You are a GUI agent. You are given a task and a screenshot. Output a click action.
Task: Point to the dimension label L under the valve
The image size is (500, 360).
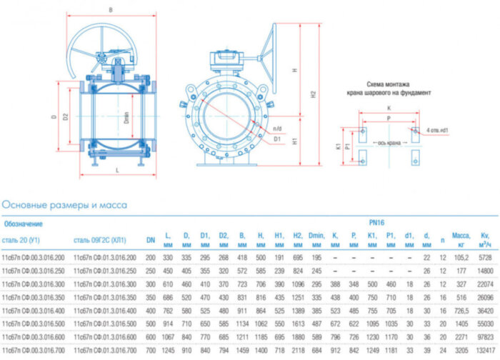pyautogui.click(x=117, y=169)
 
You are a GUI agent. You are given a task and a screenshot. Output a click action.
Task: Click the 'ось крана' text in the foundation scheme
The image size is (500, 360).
pyautogui.click(x=389, y=143)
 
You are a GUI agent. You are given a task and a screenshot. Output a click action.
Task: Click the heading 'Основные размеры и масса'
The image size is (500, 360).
pyautogui.click(x=64, y=205)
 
